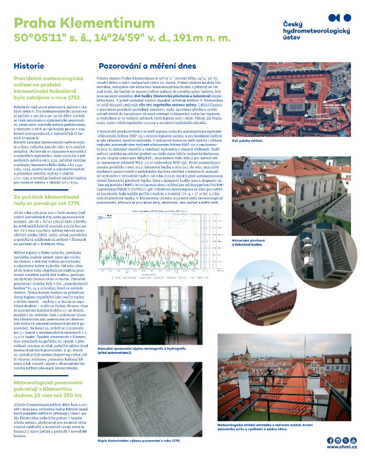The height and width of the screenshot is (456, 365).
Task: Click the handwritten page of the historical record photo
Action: pos(152,395)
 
